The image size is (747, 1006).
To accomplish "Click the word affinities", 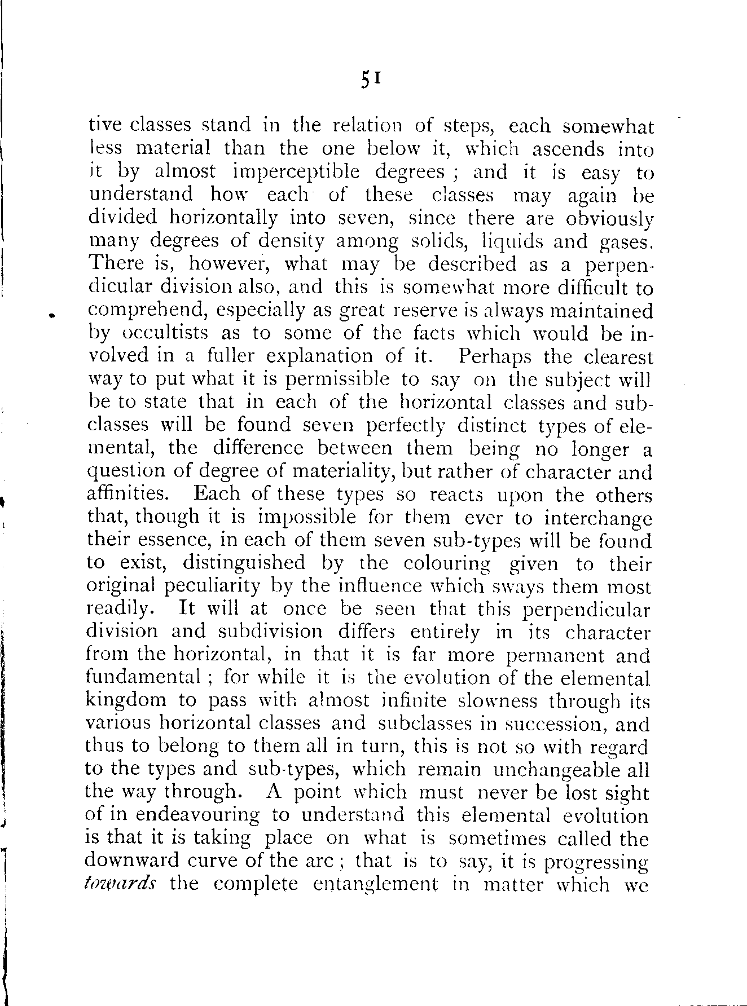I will (128, 494).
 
